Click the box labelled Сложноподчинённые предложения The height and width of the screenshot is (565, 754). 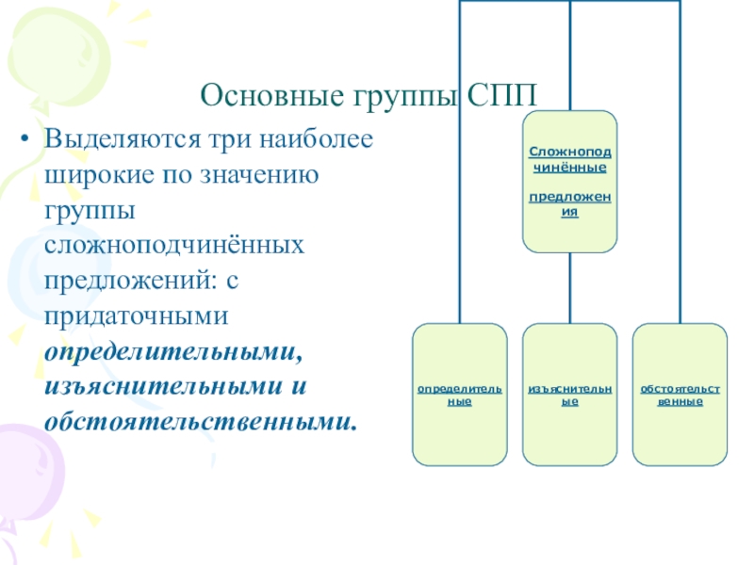[x=569, y=182]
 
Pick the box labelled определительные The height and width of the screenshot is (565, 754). [x=459, y=395]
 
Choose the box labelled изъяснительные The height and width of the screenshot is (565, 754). [x=569, y=395]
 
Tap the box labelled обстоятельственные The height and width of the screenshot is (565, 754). [x=680, y=395]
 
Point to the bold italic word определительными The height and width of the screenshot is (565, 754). [x=173, y=351]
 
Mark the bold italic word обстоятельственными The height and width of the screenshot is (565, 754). [x=199, y=421]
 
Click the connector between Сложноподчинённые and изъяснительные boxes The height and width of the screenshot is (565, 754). [x=569, y=288]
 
